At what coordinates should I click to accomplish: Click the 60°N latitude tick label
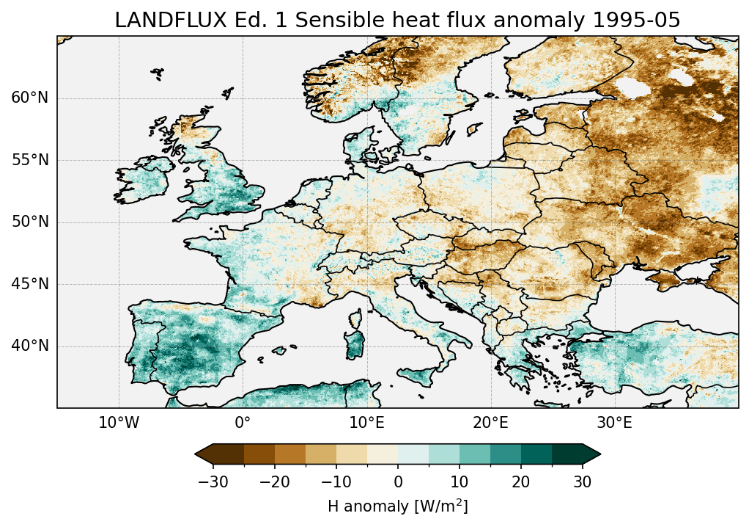click(x=30, y=98)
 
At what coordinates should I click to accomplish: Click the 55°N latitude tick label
click(x=30, y=160)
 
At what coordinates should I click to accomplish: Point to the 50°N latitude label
click(x=30, y=222)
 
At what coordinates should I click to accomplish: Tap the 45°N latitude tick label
click(x=30, y=284)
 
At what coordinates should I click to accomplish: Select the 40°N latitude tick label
click(x=30, y=346)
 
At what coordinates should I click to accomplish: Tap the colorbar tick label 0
click(x=398, y=481)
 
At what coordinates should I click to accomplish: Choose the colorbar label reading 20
click(x=521, y=481)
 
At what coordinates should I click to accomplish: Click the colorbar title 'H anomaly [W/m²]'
click(x=398, y=506)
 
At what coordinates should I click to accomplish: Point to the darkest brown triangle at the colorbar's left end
click(x=204, y=454)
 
